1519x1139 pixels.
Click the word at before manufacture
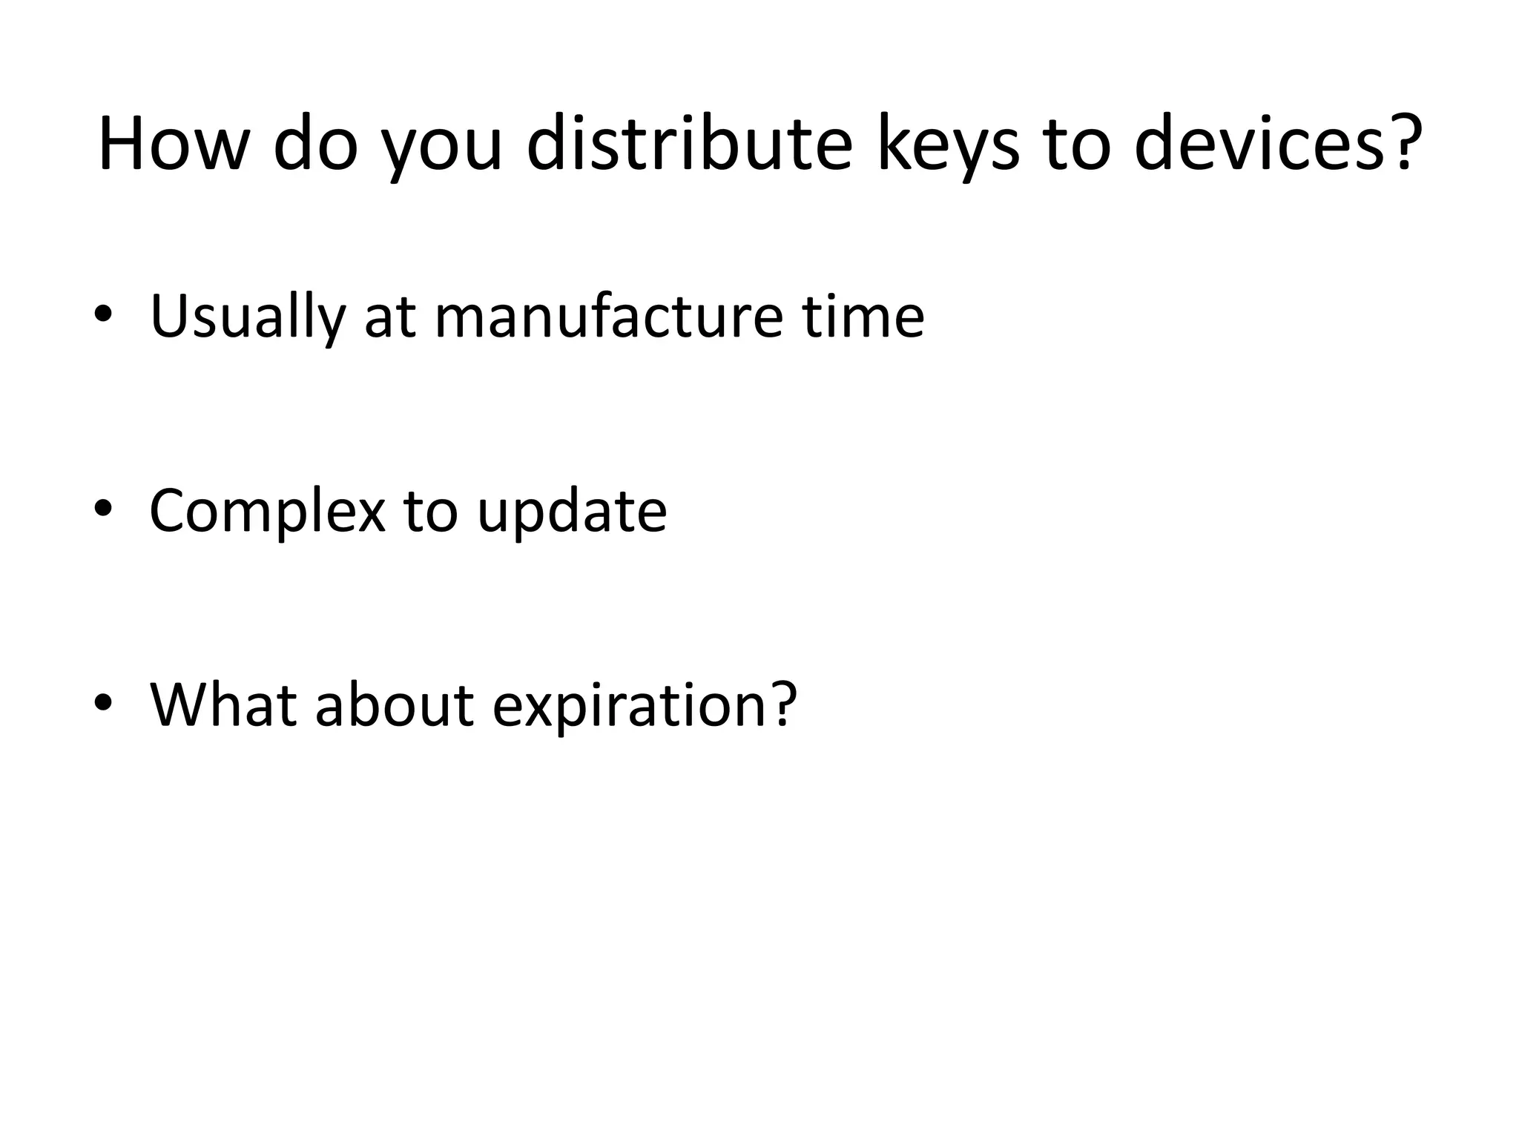point(390,318)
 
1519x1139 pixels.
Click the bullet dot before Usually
point(103,314)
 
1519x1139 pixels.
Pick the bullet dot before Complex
point(103,508)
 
